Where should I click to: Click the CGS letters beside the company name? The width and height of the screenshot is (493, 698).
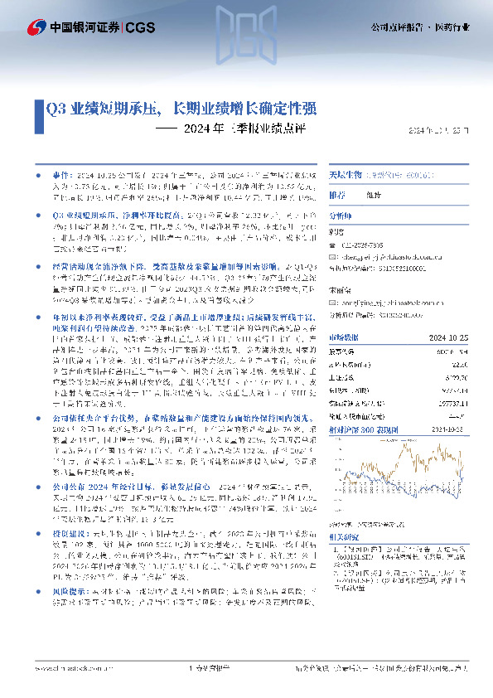click(x=138, y=27)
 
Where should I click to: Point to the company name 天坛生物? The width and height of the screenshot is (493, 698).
click(x=341, y=177)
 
